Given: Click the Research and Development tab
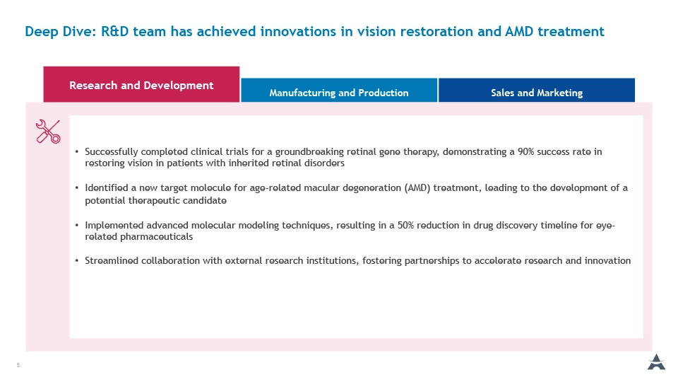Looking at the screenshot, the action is [x=141, y=84].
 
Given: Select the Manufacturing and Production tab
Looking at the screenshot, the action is [x=339, y=90].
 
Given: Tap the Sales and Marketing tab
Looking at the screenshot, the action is [x=537, y=90].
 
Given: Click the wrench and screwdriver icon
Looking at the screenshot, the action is [x=48, y=132].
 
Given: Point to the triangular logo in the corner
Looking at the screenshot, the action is [x=656, y=362].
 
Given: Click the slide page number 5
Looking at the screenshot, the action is [x=18, y=365].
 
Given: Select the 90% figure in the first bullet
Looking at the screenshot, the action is [x=525, y=151].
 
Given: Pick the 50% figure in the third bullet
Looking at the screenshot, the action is [x=405, y=225].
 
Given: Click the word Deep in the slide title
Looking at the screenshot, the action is [x=42, y=32].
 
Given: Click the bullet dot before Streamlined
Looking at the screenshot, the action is [x=76, y=261].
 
